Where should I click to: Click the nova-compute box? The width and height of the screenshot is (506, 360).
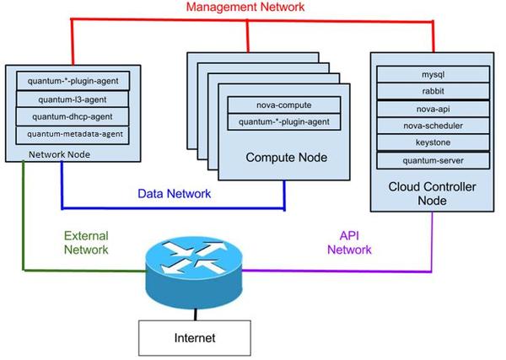[284, 106]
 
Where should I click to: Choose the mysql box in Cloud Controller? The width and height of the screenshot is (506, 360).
[432, 74]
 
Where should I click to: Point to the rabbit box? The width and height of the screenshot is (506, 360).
[432, 92]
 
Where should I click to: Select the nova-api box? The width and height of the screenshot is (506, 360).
[432, 110]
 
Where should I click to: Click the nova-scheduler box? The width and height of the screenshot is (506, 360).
[432, 126]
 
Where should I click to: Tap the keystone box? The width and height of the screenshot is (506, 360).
[432, 142]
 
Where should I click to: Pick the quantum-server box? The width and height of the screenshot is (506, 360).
[432, 160]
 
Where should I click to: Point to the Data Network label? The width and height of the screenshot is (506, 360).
[175, 194]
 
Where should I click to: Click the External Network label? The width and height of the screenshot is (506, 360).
[87, 243]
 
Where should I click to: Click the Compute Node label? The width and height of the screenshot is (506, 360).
[285, 158]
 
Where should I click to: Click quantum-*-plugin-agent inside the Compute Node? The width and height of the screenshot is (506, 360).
[284, 124]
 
